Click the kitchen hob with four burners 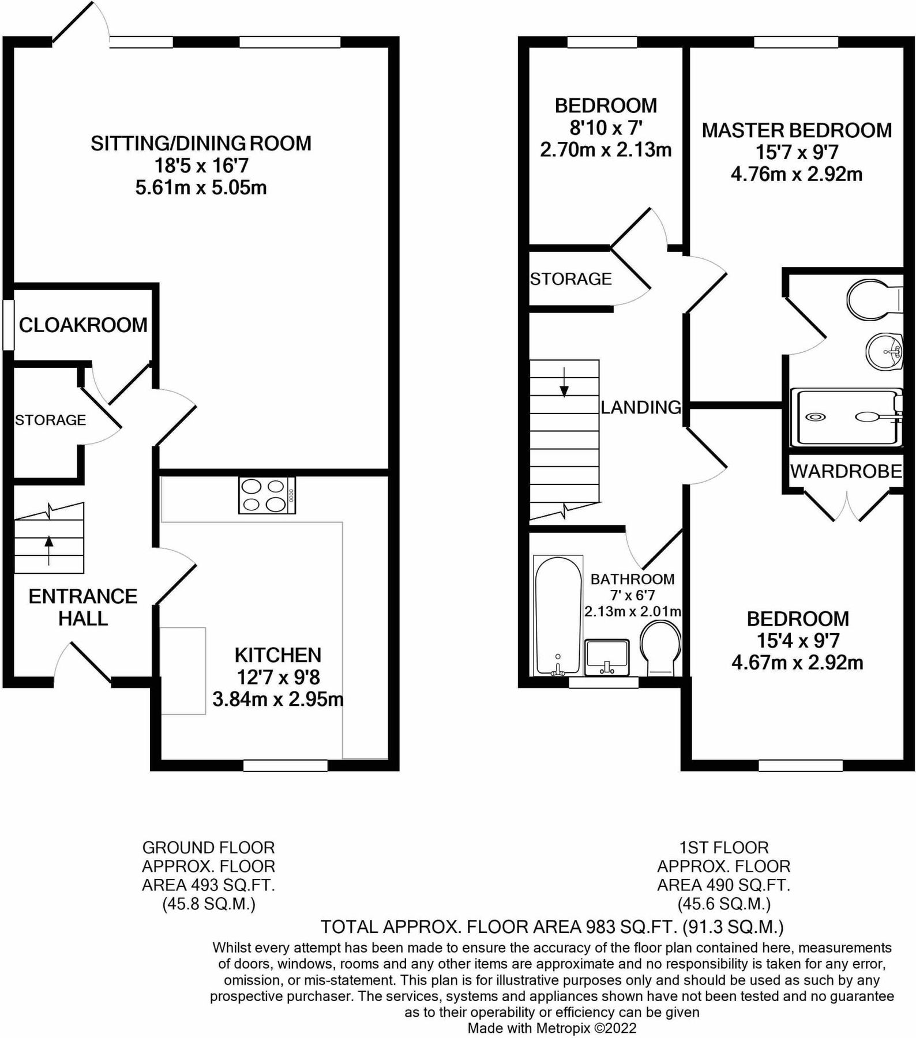tap(266, 495)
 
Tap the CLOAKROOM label tap(83, 325)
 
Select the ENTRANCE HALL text tap(83, 607)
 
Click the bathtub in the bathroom tap(558, 615)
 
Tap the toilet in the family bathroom tap(661, 647)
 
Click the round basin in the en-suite tap(884, 351)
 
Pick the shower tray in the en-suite tap(845, 417)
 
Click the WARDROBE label tap(846, 471)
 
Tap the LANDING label tap(641, 408)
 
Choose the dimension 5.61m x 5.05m tap(201, 187)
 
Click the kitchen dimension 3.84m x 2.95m tap(278, 699)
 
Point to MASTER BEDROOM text tap(797, 130)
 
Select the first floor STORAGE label tap(570, 279)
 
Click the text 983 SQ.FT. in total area tap(631, 927)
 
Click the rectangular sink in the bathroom tap(607, 657)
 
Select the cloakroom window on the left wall tap(7, 324)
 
